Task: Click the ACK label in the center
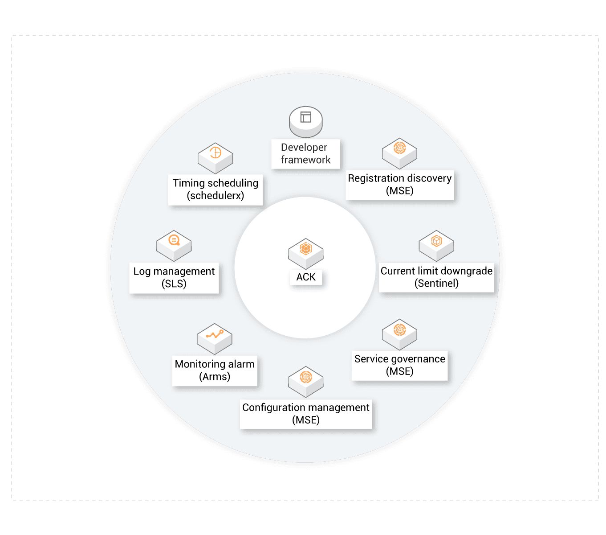(x=306, y=277)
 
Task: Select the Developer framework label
(x=306, y=154)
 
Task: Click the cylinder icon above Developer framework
(x=306, y=122)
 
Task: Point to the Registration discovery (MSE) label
(x=400, y=185)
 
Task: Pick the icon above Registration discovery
(x=399, y=153)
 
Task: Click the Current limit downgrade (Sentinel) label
(x=436, y=277)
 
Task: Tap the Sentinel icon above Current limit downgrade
(x=436, y=245)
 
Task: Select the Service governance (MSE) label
(x=400, y=365)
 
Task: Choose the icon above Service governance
(x=399, y=334)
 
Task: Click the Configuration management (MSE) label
(x=306, y=414)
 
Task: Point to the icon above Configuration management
(x=306, y=382)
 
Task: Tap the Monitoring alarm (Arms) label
(x=215, y=370)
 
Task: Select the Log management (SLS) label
(x=174, y=278)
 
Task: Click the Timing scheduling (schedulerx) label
(x=216, y=189)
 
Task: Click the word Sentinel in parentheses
(x=436, y=284)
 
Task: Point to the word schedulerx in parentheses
(x=216, y=196)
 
